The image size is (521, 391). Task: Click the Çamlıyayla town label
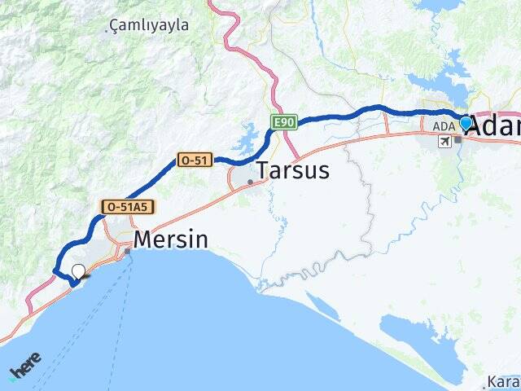(148, 25)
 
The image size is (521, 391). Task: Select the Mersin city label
(170, 239)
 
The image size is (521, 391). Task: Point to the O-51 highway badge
(195, 160)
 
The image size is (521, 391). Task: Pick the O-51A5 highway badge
(126, 207)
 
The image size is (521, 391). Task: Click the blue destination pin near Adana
(466, 123)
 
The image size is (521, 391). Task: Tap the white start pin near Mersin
(78, 272)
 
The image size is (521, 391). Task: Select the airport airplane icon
(444, 142)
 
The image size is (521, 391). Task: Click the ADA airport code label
(444, 126)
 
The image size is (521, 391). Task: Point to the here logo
(26, 364)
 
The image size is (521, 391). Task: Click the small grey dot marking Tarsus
(250, 182)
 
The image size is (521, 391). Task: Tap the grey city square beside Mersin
(127, 251)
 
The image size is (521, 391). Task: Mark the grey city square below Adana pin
(458, 139)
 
